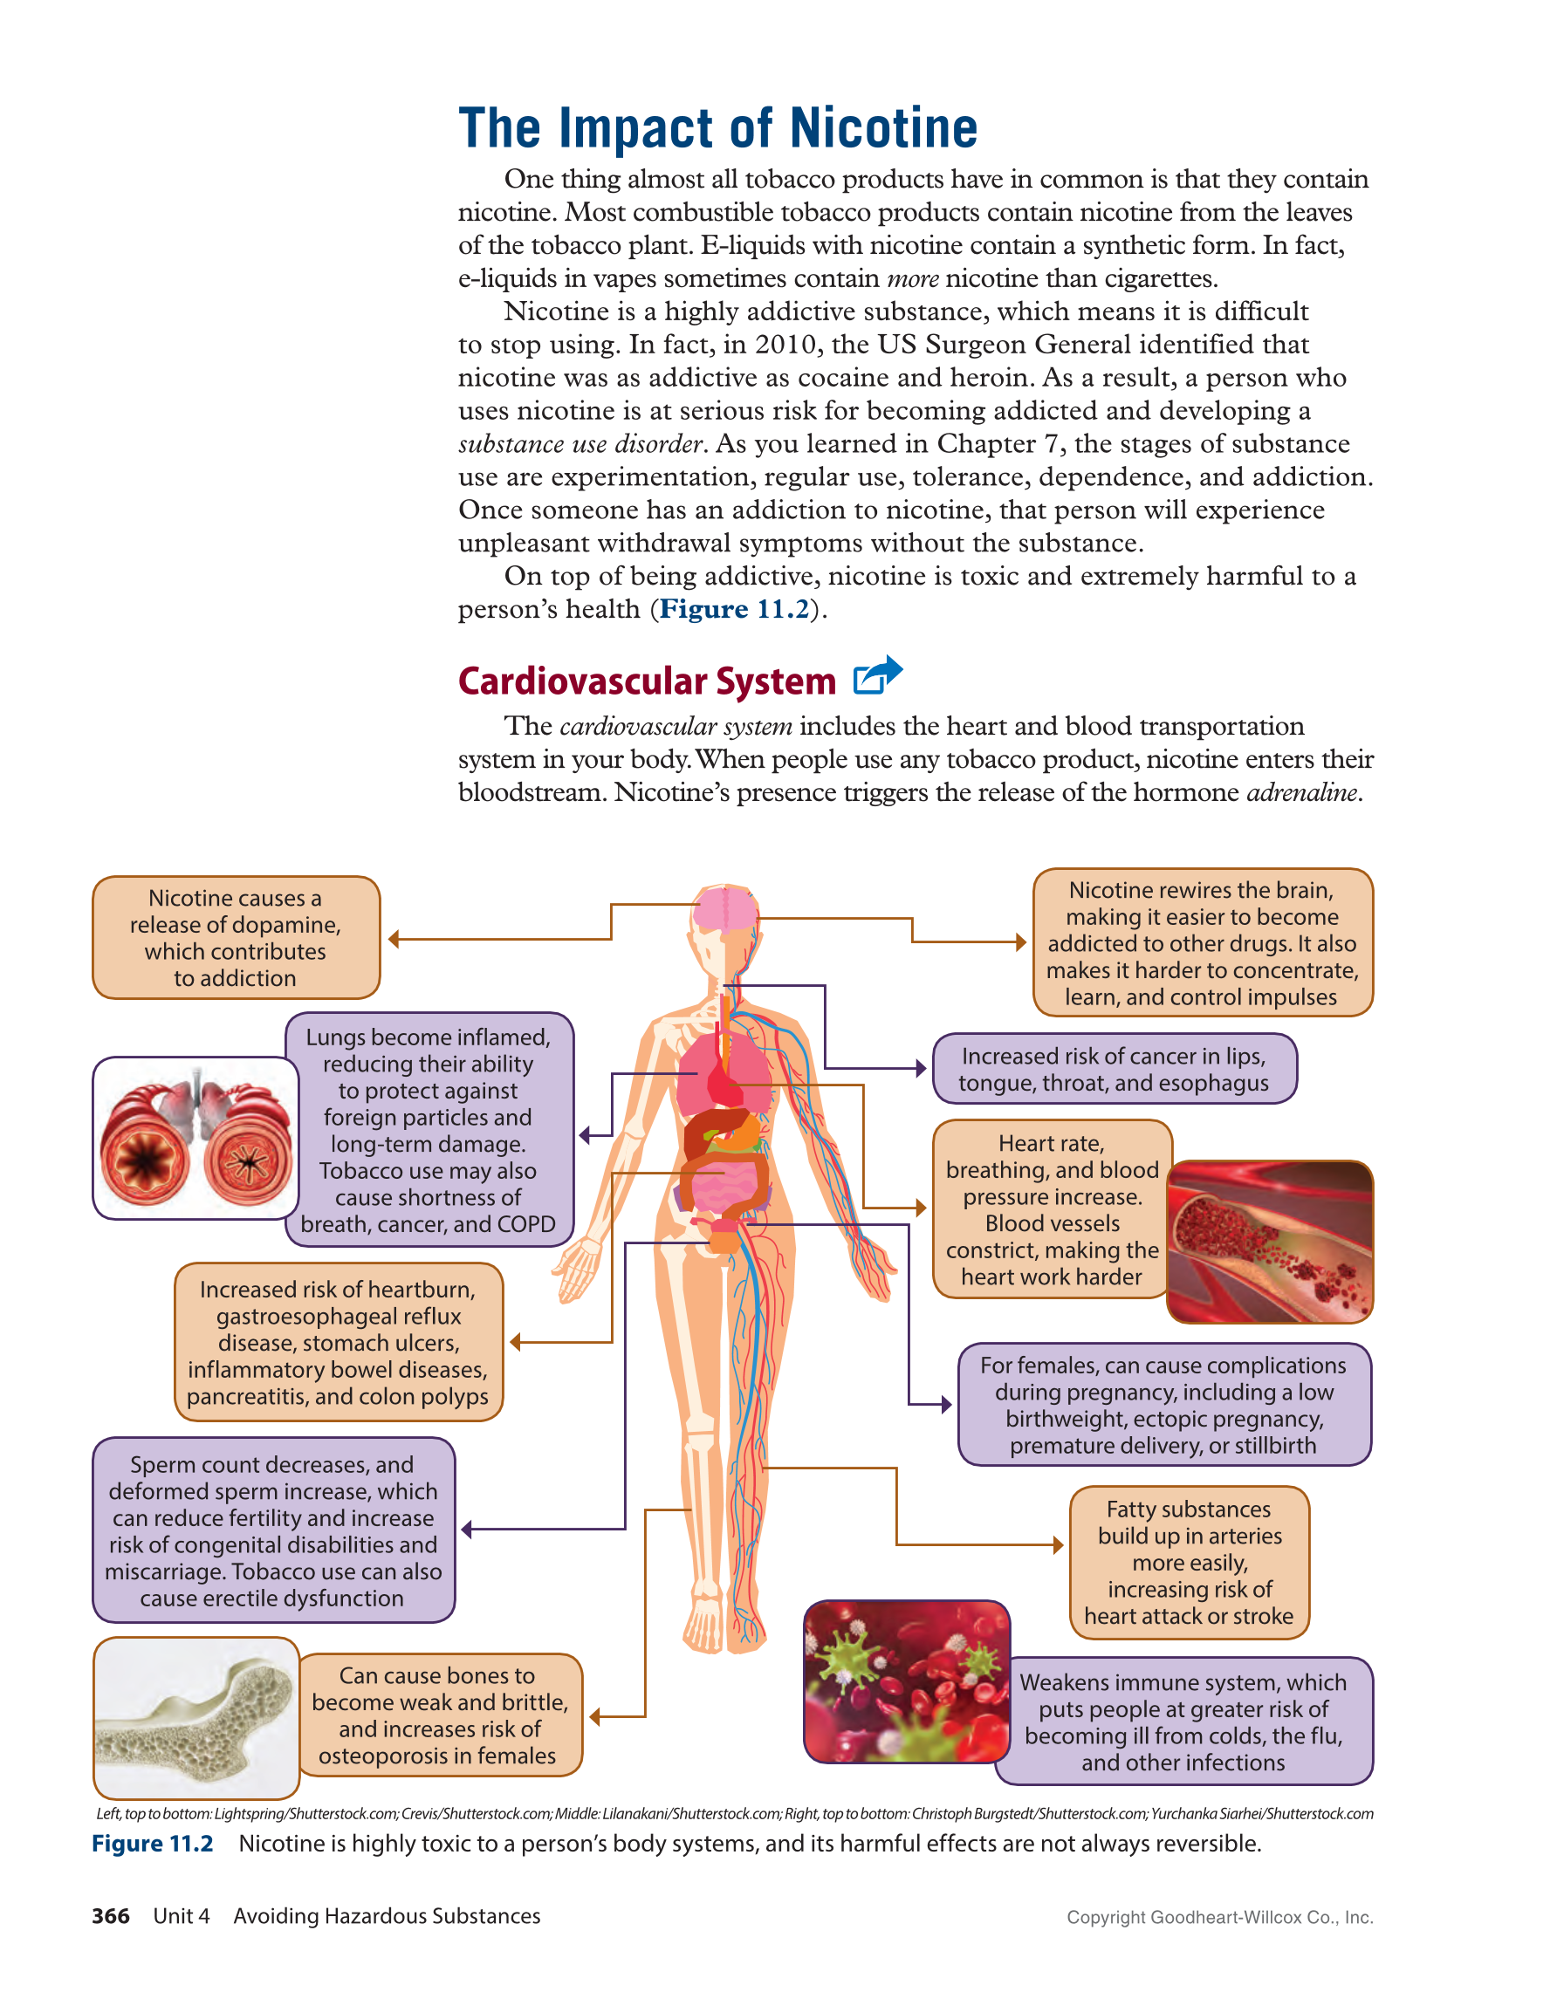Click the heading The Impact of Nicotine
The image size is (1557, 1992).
(718, 127)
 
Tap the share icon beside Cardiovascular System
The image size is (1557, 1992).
(877, 676)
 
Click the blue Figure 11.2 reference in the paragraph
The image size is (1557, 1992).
(734, 609)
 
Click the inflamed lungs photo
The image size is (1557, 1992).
(196, 1139)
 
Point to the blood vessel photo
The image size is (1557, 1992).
(1270, 1242)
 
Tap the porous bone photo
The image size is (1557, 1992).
(196, 1718)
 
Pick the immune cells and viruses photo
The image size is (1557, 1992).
(907, 1682)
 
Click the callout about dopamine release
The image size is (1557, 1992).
(237, 938)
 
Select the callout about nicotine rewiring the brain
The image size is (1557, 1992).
(1203, 943)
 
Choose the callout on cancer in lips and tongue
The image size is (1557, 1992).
(1115, 1069)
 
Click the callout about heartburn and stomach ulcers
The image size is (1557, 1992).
(339, 1343)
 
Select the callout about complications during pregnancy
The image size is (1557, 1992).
(1165, 1405)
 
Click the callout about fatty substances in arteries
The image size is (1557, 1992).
(1190, 1563)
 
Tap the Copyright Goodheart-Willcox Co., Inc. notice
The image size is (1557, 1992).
(1219, 1917)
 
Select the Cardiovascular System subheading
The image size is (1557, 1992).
(647, 681)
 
